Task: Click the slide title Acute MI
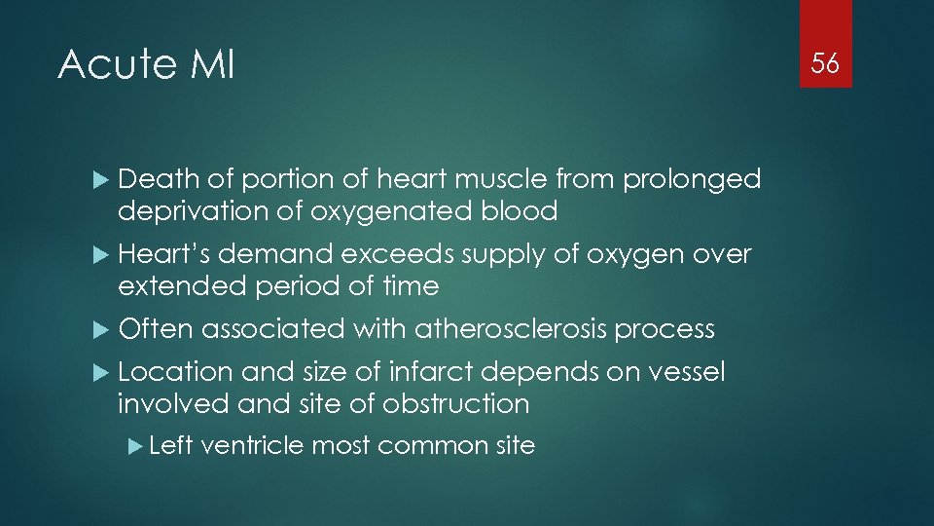146,65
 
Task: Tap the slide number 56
825,64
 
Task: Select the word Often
156,329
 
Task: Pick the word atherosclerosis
513,329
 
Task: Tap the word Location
175,372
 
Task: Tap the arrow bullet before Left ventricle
136,446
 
